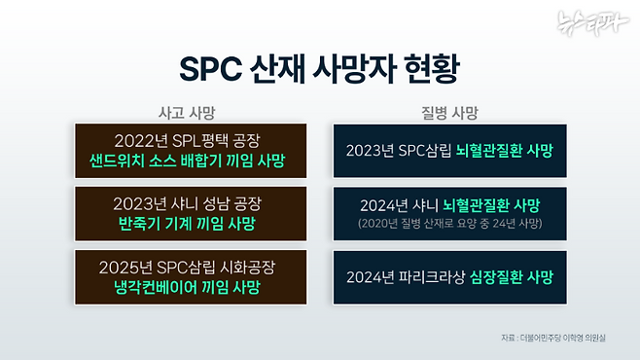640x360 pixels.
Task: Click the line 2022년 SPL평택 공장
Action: pos(191,140)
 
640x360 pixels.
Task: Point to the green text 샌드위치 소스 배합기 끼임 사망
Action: pos(191,161)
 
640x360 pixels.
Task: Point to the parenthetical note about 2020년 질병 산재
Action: pos(449,225)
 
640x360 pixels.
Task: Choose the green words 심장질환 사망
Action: pos(511,276)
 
